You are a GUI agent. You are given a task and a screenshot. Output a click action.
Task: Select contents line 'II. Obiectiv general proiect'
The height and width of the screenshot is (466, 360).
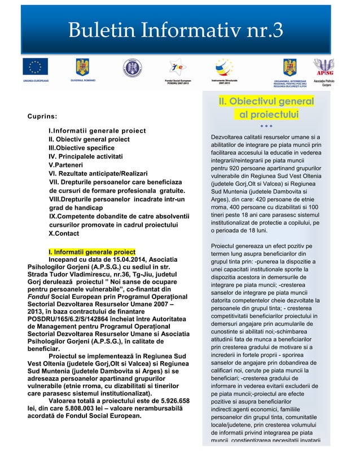(89, 139)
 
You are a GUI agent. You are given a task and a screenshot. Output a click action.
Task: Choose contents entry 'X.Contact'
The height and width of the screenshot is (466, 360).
(65, 233)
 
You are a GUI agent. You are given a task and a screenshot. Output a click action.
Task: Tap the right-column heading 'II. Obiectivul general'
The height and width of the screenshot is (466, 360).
(266, 102)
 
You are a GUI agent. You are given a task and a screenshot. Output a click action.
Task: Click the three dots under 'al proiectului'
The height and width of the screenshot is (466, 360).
(266, 126)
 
